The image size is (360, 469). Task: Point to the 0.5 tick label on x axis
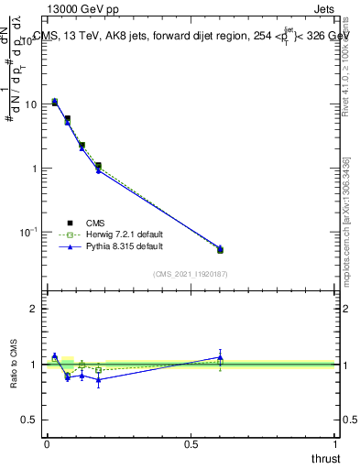(x=191, y=444)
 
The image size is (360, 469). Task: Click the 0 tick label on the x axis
(x=47, y=444)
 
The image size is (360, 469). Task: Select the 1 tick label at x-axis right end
(x=335, y=444)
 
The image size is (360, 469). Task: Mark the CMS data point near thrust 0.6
(x=220, y=249)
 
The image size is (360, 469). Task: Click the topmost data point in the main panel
(x=55, y=102)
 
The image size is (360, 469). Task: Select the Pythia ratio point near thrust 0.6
(x=220, y=356)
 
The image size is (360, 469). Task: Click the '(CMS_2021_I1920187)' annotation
(x=190, y=274)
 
